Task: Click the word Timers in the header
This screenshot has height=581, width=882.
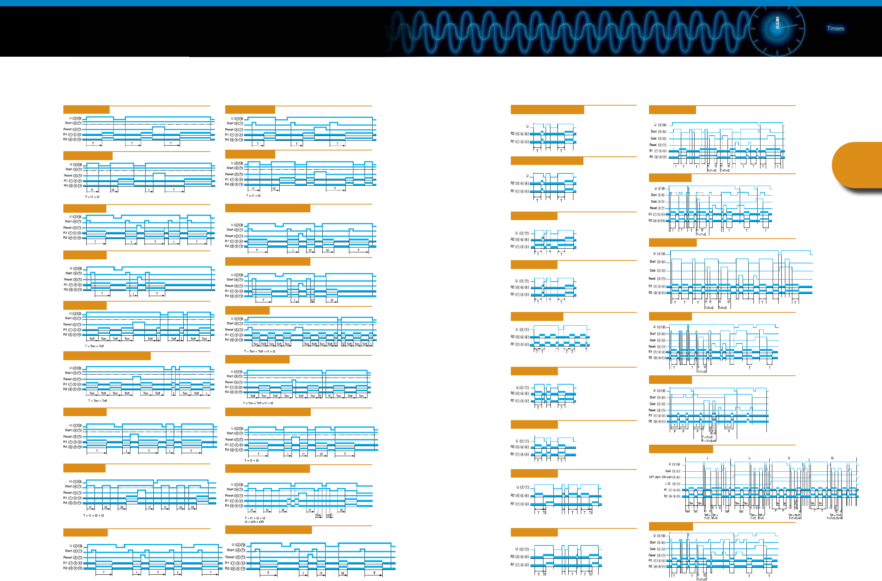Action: point(835,28)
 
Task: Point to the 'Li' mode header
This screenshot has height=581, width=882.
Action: point(749,458)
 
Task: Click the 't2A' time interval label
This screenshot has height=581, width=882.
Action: point(318,515)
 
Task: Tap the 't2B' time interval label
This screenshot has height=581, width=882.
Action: point(329,515)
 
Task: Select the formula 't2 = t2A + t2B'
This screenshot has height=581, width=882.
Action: point(254,522)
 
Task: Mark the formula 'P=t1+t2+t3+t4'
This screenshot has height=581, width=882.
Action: point(835,518)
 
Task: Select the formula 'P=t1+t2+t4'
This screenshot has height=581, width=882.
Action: point(795,518)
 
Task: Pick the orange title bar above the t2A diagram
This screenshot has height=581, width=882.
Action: point(267,469)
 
